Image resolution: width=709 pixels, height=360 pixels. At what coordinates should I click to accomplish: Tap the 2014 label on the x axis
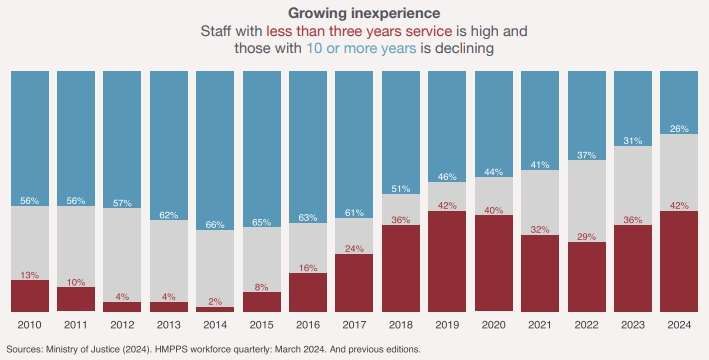[x=215, y=326]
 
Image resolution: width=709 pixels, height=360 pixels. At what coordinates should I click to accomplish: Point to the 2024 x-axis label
[x=678, y=326]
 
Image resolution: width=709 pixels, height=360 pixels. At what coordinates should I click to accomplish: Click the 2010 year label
[x=30, y=326]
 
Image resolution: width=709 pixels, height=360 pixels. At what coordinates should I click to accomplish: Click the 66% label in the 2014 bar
[x=215, y=225]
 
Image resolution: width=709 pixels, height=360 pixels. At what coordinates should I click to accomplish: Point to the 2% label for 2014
[x=215, y=302]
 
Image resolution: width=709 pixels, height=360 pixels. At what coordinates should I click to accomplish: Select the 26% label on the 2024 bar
[x=678, y=129]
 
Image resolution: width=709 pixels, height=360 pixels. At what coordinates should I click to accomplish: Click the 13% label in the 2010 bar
[x=30, y=275]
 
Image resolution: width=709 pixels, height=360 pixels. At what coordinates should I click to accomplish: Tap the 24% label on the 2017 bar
[x=354, y=249]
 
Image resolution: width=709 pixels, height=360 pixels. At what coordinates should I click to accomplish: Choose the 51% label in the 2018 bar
[x=400, y=188]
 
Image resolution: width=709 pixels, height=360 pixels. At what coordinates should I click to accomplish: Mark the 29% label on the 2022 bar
[x=586, y=236]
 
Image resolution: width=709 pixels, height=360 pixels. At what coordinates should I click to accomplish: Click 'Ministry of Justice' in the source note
[x=85, y=349]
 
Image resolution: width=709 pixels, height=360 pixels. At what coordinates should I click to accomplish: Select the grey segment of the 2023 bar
[x=632, y=185]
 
